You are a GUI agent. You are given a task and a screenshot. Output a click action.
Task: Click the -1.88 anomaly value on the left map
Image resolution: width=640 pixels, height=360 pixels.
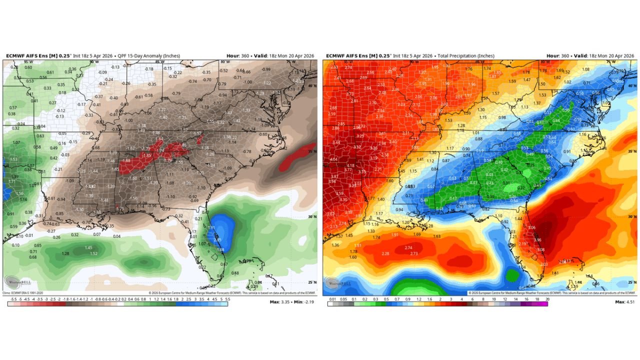[x=125, y=160]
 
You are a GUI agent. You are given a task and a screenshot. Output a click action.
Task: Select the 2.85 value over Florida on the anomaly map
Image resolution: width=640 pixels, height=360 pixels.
[x=217, y=240]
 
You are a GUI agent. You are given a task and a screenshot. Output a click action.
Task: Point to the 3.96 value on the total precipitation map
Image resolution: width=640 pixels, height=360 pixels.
[x=537, y=240]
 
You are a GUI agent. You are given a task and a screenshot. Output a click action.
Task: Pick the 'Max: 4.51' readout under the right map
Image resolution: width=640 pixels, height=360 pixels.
[x=625, y=302]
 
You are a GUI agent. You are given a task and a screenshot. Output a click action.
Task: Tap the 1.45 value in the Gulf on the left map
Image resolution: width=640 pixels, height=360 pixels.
[x=88, y=248]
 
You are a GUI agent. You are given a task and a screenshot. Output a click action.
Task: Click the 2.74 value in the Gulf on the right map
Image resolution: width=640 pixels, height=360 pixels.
[x=408, y=248]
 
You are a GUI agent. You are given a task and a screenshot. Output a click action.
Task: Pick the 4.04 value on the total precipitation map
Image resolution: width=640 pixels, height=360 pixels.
[x=333, y=159]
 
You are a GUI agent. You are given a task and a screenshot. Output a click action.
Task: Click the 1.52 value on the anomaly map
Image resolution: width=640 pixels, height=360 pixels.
[x=93, y=254]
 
